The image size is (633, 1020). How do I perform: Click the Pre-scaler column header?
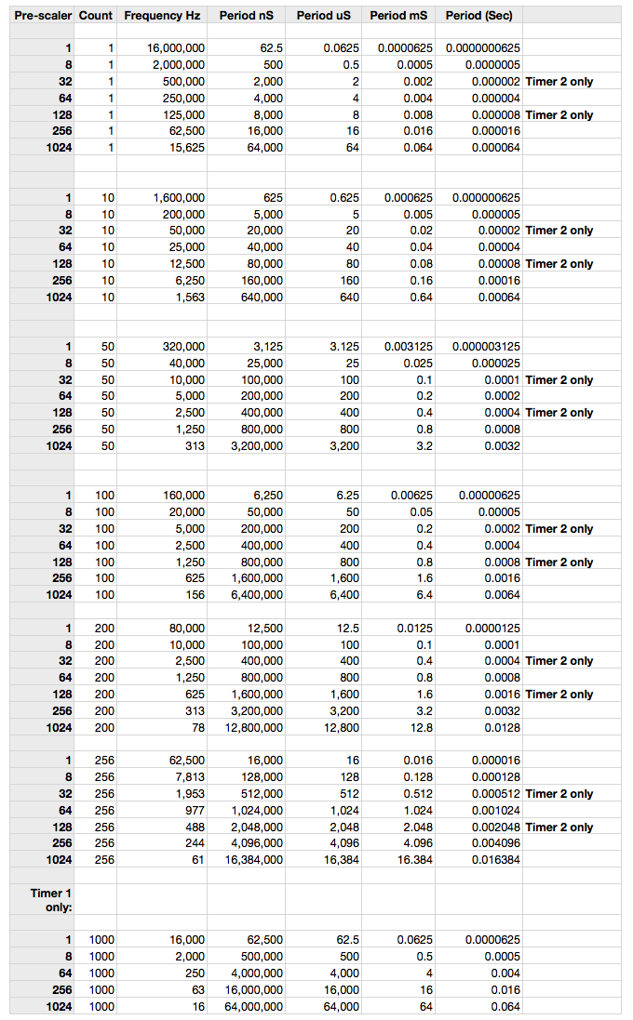tap(43, 16)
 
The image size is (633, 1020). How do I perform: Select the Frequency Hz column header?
tap(162, 16)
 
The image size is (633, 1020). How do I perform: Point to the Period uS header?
tap(324, 16)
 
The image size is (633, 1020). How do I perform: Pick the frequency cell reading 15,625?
tap(184, 148)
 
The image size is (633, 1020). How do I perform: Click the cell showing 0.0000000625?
tap(483, 48)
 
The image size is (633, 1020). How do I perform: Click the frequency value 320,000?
tap(182, 347)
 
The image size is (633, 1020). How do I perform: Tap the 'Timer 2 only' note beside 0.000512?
tap(559, 794)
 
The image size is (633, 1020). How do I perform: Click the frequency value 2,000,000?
tap(178, 65)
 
